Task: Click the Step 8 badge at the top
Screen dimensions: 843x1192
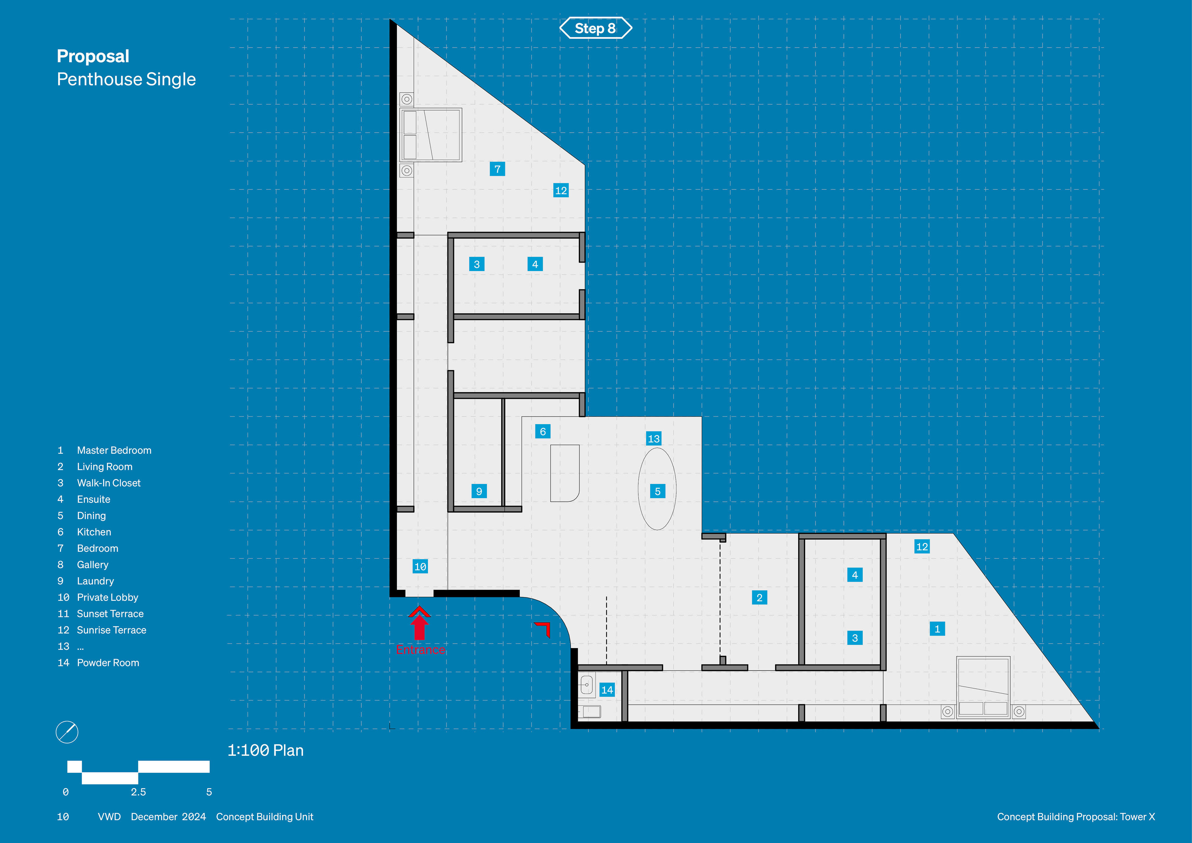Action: point(595,28)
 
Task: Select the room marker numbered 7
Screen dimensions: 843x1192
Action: point(497,169)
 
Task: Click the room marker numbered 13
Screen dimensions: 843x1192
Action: point(654,438)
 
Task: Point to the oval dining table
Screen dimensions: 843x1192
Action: point(657,488)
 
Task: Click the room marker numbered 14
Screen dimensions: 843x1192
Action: point(607,690)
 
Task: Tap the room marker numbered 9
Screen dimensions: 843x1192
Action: point(479,491)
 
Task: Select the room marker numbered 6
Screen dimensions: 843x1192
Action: point(543,431)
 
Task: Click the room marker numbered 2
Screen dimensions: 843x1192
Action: point(759,597)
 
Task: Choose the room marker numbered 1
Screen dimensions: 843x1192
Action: point(937,628)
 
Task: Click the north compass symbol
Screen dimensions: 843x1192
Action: point(67,732)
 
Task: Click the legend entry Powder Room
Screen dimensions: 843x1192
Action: point(108,663)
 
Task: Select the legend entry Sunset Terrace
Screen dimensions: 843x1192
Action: point(110,614)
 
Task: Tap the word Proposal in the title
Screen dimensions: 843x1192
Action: point(93,56)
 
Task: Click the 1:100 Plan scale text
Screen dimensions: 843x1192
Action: point(265,750)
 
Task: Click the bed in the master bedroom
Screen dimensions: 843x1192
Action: point(983,687)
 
